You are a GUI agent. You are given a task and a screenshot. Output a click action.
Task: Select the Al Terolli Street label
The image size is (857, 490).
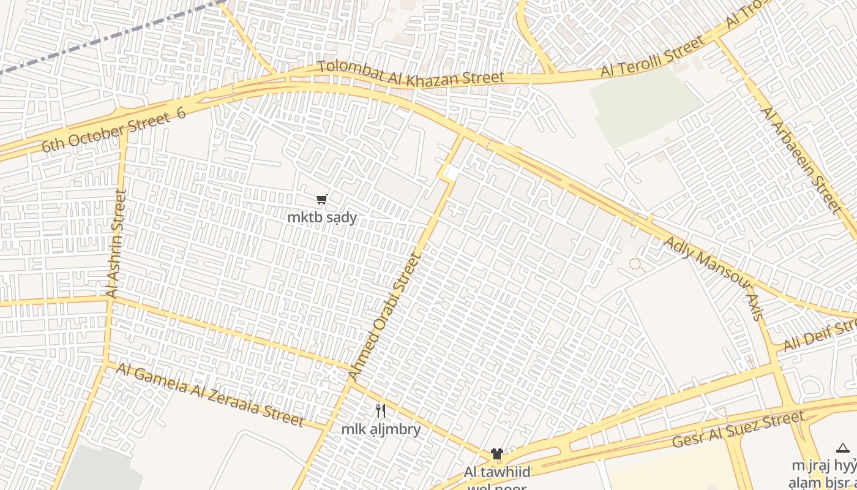pyautogui.click(x=653, y=56)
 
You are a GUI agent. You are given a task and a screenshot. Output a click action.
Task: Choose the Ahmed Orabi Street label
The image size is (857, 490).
pyautogui.click(x=385, y=317)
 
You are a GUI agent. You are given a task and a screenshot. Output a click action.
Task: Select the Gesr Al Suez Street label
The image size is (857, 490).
pyautogui.click(x=738, y=429)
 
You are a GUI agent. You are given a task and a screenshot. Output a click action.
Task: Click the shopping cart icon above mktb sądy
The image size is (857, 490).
pyautogui.click(x=322, y=200)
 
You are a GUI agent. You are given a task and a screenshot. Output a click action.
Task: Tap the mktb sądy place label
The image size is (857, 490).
pyautogui.click(x=322, y=217)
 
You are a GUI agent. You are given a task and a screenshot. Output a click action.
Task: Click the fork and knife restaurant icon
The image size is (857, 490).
pyautogui.click(x=381, y=411)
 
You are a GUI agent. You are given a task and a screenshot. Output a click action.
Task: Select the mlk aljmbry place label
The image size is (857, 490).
pyautogui.click(x=381, y=429)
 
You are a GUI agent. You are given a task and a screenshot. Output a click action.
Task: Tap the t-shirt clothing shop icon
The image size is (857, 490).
pyautogui.click(x=496, y=454)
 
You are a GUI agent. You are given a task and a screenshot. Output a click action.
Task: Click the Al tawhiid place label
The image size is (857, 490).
pyautogui.click(x=496, y=472)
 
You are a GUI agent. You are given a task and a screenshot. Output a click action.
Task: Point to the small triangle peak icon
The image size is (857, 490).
pyautogui.click(x=843, y=448)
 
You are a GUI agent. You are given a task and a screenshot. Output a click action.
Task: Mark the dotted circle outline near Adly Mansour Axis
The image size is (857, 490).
pyautogui.click(x=637, y=265)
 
